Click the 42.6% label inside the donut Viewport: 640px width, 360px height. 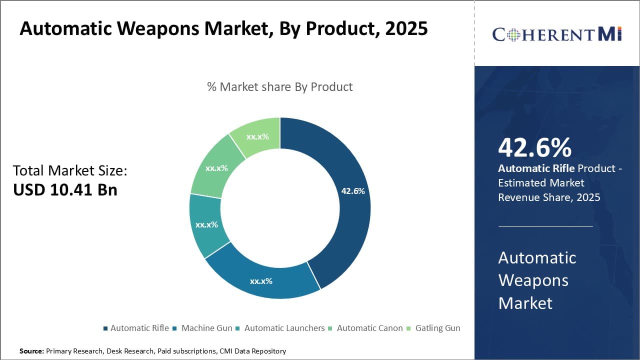352,191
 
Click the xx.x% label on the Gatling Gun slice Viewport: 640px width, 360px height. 257,136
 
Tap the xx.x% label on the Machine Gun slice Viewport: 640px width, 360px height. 261,281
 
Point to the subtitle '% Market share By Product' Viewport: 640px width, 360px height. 280,86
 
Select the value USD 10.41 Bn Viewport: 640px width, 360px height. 65,190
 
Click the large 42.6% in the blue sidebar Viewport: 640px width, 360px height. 534,148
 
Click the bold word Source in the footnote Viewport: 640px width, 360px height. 31,351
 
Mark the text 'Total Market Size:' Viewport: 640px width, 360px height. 70,170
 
